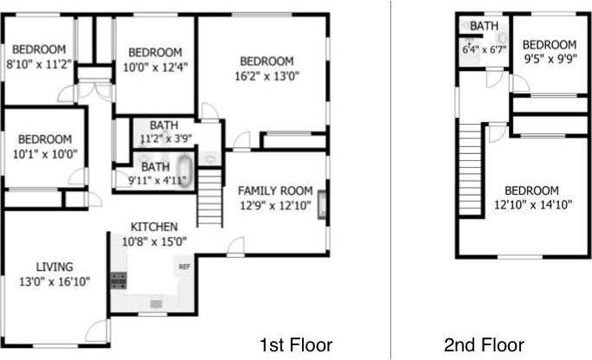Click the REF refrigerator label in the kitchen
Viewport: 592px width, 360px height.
pyautogui.click(x=183, y=267)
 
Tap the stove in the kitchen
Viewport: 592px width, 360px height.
pyautogui.click(x=119, y=280)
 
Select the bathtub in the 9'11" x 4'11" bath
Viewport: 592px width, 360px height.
pyautogui.click(x=185, y=167)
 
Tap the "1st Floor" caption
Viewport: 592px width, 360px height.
pyautogui.click(x=297, y=344)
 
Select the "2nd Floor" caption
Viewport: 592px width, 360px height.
pyautogui.click(x=484, y=344)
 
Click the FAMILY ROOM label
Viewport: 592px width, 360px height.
pyautogui.click(x=275, y=190)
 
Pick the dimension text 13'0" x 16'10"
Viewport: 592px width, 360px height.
pyautogui.click(x=54, y=281)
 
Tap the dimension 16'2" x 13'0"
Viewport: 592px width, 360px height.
pyautogui.click(x=267, y=75)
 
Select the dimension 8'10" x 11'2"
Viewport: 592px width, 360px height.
pyautogui.click(x=39, y=63)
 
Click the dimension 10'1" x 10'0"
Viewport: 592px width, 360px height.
pyautogui.click(x=44, y=154)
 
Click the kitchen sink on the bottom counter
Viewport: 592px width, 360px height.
pyautogui.click(x=156, y=304)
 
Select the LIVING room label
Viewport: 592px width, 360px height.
pyautogui.click(x=54, y=266)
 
